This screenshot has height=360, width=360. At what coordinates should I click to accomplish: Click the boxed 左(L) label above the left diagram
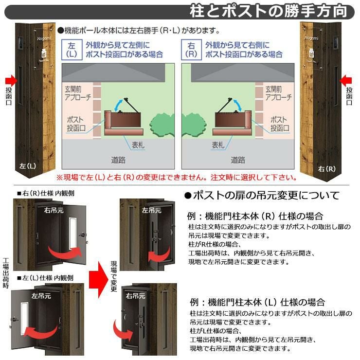(x=72, y=50)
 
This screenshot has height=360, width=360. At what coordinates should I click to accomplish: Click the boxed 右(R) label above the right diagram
(x=191, y=50)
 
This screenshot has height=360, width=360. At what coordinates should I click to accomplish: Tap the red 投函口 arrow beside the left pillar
(x=11, y=81)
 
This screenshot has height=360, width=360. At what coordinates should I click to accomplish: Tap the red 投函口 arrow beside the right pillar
(x=345, y=81)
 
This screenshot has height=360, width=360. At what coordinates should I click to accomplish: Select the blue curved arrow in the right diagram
(x=238, y=105)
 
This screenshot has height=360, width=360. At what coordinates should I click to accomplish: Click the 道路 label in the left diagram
(x=118, y=160)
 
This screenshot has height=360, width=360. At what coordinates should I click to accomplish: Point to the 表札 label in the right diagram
(x=218, y=145)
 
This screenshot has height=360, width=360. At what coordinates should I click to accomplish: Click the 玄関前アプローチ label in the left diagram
(x=78, y=93)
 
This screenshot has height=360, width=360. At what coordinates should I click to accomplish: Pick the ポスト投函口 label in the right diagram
(x=280, y=124)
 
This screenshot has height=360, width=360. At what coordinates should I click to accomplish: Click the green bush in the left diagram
(x=162, y=125)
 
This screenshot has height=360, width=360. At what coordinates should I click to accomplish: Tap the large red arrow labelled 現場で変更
(x=98, y=279)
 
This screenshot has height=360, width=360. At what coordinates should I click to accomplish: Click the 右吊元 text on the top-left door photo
(x=54, y=210)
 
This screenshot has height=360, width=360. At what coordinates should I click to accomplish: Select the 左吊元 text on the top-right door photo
(x=151, y=210)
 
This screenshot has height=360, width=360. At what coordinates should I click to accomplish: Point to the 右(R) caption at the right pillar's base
(x=327, y=169)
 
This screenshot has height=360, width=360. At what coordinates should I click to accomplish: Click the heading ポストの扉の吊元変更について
(x=262, y=196)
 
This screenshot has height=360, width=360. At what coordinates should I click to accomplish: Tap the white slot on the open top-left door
(x=72, y=234)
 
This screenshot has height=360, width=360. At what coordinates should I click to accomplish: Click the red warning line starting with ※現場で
(x=176, y=177)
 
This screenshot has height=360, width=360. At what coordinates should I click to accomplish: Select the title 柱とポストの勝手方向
(x=268, y=11)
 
